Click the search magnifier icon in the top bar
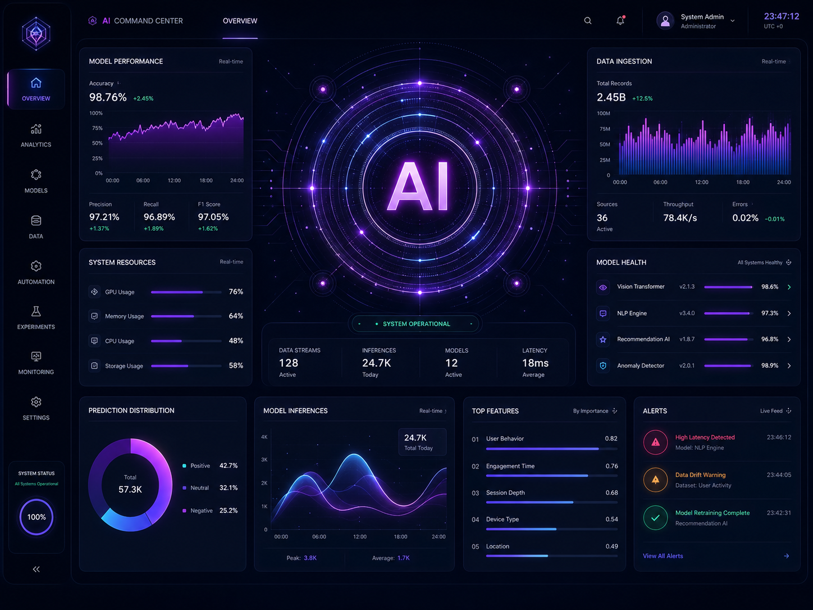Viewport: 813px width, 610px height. (587, 21)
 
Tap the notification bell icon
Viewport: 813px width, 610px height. (620, 20)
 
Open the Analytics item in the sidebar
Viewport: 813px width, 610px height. (36, 135)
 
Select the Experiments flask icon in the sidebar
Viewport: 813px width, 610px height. (36, 311)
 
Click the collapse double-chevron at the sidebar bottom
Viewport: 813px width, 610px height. (36, 569)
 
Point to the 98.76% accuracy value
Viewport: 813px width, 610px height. (108, 97)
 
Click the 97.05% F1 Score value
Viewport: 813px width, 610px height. (213, 217)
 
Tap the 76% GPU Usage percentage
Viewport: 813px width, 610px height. (236, 292)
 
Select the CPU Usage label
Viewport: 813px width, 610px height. (120, 341)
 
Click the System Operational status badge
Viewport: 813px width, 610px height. (415, 324)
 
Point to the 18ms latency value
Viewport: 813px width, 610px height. (535, 363)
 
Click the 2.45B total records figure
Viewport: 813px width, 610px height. (611, 97)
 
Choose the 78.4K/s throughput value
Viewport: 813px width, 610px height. (680, 218)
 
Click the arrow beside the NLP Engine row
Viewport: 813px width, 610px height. (789, 313)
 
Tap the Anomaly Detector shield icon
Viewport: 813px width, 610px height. (603, 366)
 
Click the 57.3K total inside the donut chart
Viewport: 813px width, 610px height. (130, 490)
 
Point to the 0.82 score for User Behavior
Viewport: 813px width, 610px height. (611, 439)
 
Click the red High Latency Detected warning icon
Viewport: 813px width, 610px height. (656, 442)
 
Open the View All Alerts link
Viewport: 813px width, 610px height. (663, 556)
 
